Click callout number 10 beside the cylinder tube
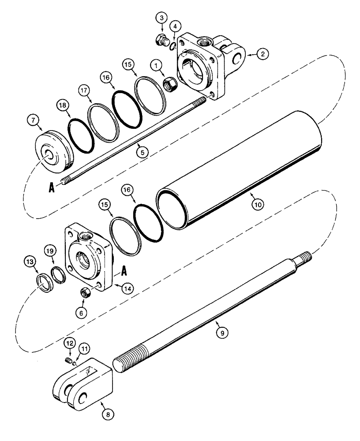(x=256, y=204)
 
